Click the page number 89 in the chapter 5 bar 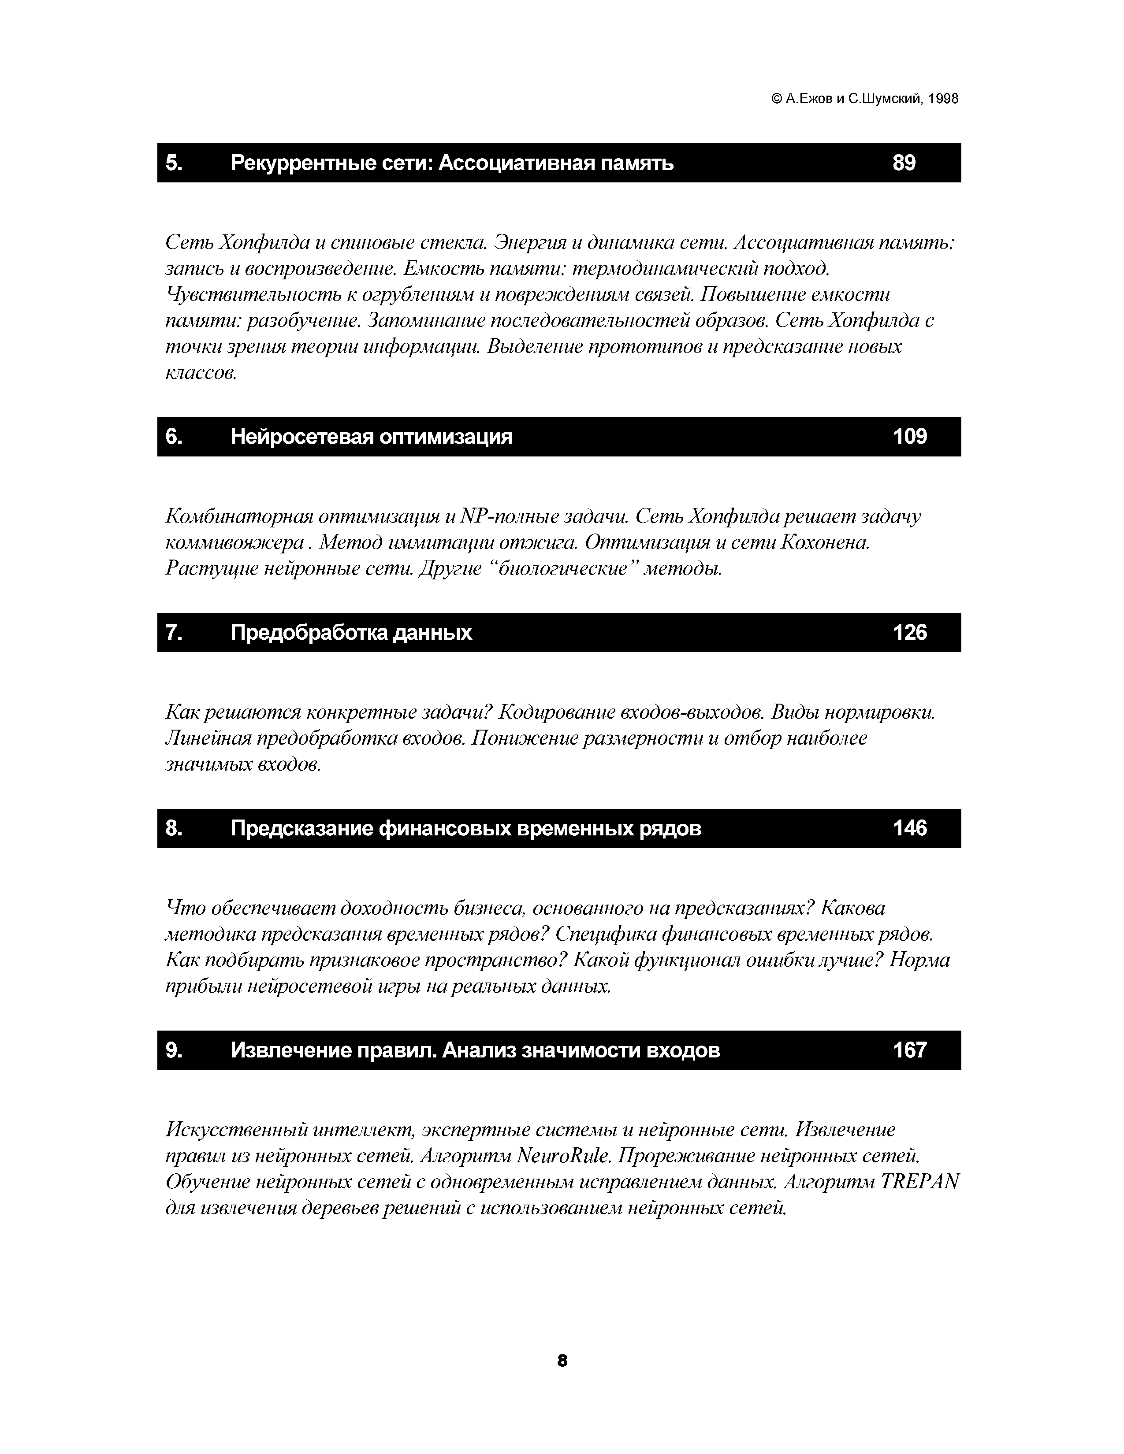click(904, 163)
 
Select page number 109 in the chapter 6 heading click(910, 437)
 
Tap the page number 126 click(910, 632)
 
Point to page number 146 click(910, 828)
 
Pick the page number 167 click(910, 1050)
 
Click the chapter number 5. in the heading click(175, 163)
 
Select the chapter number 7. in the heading click(175, 632)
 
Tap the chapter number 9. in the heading click(175, 1050)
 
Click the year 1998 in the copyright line click(943, 99)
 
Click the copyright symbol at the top click(776, 99)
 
